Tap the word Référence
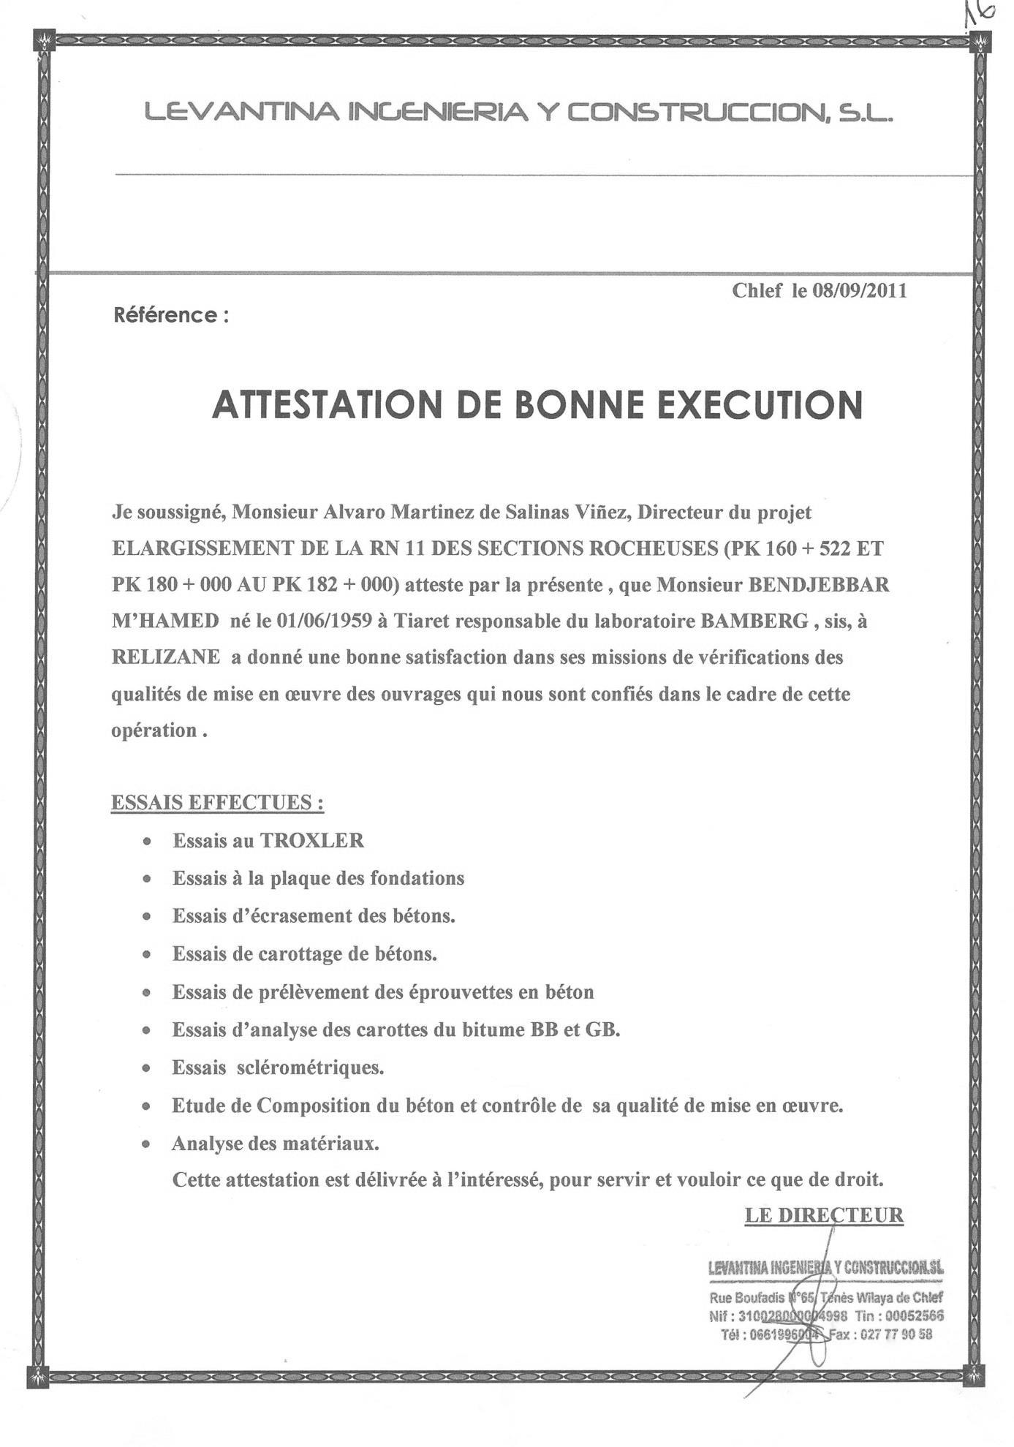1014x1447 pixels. click(164, 315)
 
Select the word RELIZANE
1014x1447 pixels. click(165, 657)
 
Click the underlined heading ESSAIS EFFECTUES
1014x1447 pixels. click(217, 803)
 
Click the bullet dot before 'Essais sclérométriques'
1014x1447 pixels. click(148, 1069)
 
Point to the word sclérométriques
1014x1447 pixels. click(311, 1068)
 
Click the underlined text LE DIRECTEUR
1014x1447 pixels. click(824, 1215)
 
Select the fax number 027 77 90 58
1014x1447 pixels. click(896, 1334)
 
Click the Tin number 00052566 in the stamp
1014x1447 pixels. click(915, 1315)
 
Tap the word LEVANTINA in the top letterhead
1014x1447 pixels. click(241, 113)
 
